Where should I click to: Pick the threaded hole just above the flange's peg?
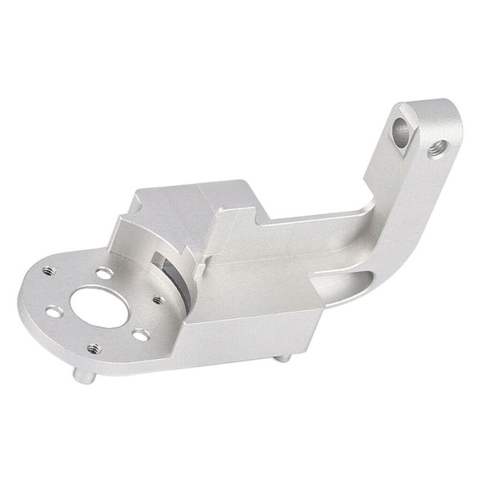point(94,349)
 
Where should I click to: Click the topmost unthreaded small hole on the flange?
point(103,272)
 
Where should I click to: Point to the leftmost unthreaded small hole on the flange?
point(53,311)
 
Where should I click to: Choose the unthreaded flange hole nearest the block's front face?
point(140,334)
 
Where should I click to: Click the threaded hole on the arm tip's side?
point(438,148)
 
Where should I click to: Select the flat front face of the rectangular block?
point(249,321)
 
